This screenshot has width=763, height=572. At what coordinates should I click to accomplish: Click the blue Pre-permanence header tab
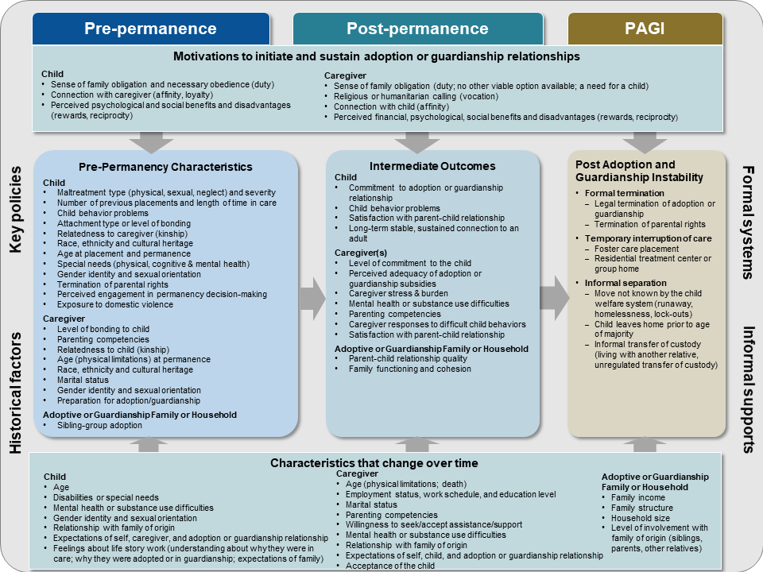[150, 29]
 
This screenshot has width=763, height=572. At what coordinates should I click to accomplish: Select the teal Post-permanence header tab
[417, 29]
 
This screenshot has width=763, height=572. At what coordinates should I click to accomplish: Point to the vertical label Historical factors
[16, 381]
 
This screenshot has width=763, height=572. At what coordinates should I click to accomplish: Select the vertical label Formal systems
[747, 222]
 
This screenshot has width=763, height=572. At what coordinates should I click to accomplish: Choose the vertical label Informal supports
[747, 389]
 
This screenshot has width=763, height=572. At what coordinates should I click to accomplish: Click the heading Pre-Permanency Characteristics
[165, 167]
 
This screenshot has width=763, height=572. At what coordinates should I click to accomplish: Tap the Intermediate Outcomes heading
[432, 166]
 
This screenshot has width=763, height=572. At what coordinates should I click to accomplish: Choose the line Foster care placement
[637, 249]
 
